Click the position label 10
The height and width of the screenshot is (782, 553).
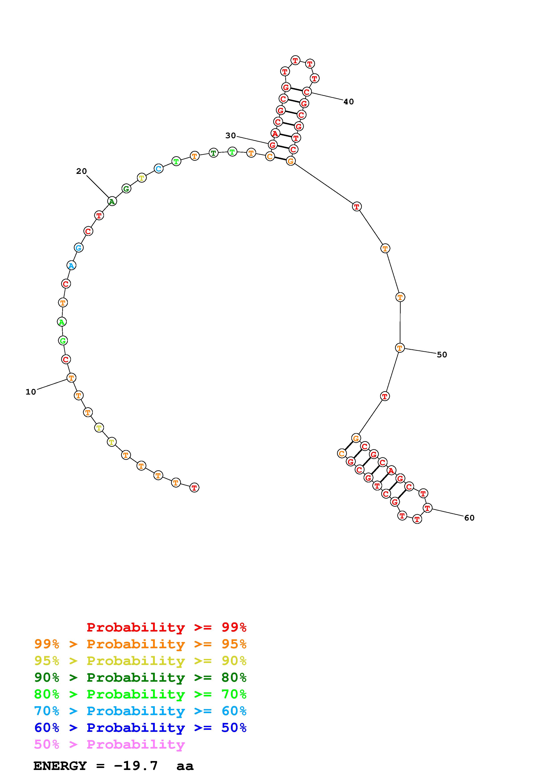[31, 392]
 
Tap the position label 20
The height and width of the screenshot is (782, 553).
[81, 171]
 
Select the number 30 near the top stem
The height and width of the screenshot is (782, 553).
[231, 136]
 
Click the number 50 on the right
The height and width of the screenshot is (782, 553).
[442, 355]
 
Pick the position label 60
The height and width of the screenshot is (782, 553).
[469, 518]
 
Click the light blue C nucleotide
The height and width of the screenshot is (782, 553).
[158, 168]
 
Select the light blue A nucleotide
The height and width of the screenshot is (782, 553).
[71, 265]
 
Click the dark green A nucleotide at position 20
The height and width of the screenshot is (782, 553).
[112, 201]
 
